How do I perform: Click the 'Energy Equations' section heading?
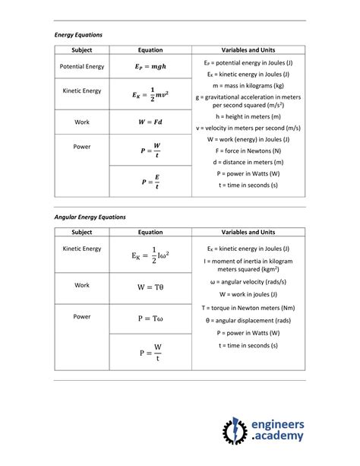[x=78, y=35]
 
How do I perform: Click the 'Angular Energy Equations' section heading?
[x=90, y=217]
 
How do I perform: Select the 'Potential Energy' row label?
[x=82, y=66]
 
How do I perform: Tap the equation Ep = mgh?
[x=150, y=66]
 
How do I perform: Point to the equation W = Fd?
[x=150, y=122]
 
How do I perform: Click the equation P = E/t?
[x=150, y=182]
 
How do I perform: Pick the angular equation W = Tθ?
[x=150, y=288]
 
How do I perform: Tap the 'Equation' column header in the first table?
[x=150, y=50]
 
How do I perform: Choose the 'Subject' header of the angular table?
[x=82, y=232]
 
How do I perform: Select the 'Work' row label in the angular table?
[x=82, y=285]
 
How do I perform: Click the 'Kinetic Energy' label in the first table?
[x=82, y=90]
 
